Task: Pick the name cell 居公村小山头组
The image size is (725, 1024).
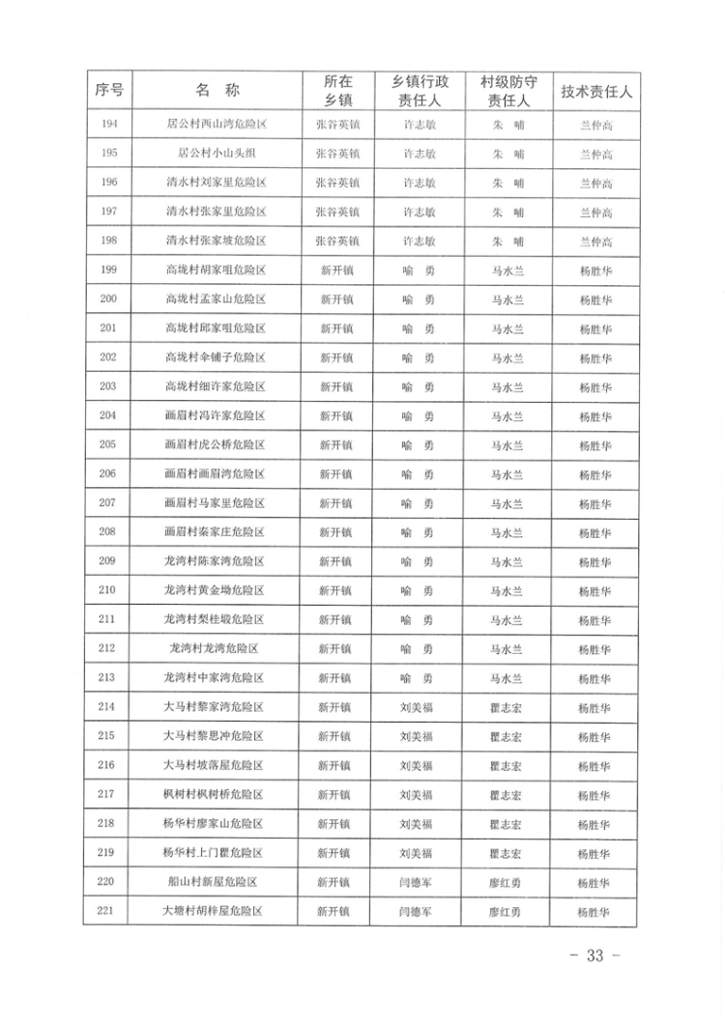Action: point(216,154)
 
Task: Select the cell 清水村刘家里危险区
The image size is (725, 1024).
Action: point(216,183)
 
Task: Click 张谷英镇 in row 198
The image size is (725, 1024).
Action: point(337,241)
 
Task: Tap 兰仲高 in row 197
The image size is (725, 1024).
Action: point(595,212)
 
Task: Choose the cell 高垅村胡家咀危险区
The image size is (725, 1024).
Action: point(216,270)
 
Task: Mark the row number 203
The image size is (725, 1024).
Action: point(108,386)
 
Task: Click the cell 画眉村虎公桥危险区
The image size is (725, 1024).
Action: point(216,444)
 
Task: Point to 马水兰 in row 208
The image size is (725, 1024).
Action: point(507,532)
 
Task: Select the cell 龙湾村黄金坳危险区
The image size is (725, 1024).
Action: point(216,590)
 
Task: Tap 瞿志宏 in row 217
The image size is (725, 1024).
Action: point(507,794)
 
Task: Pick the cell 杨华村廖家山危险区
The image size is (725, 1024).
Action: point(216,823)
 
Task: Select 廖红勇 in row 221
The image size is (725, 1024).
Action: point(507,911)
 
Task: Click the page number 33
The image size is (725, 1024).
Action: point(594,955)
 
